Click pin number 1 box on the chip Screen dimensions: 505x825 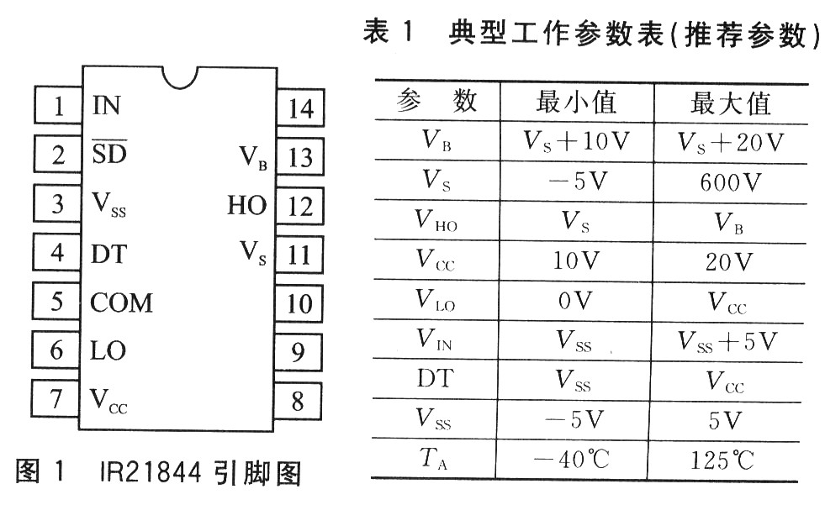pos(57,107)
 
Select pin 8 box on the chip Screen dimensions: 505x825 pos(298,401)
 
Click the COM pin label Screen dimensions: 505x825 pos(121,302)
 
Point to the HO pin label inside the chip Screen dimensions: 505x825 pos(246,205)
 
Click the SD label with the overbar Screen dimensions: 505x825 pos(109,155)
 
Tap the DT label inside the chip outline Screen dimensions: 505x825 pos(108,254)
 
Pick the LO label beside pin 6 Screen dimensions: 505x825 pos(107,350)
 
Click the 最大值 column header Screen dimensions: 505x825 pos(729,103)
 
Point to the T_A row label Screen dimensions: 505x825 pos(435,459)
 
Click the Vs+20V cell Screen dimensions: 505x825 pos(729,142)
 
